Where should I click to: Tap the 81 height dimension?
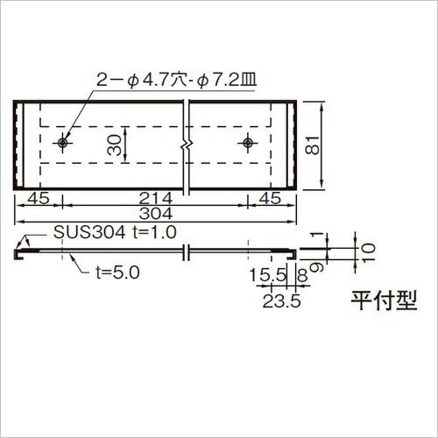[313, 145]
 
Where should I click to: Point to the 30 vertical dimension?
[115, 145]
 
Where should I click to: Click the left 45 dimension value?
[39, 198]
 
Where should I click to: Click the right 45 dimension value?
[272, 198]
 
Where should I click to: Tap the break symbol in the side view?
[185, 252]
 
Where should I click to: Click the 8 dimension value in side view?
[302, 277]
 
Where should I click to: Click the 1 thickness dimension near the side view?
[326, 235]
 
